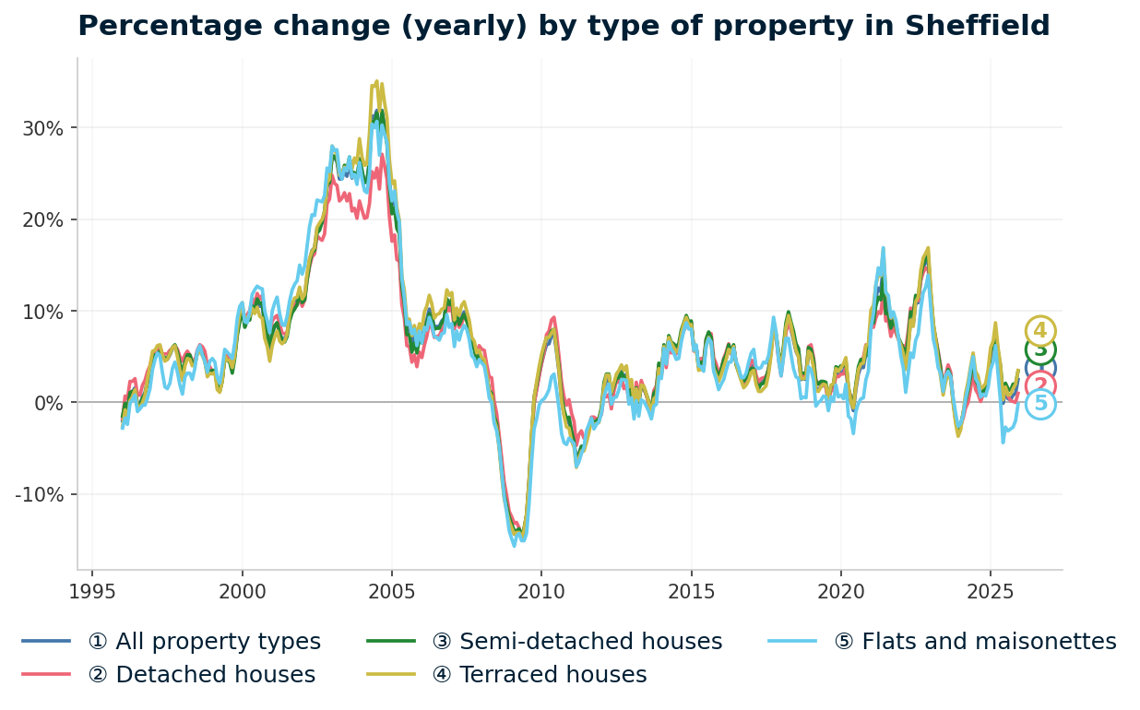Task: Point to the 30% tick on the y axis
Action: [x=43, y=128]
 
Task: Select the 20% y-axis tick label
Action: [x=43, y=219]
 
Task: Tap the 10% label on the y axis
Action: [x=43, y=312]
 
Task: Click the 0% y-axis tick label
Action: [x=49, y=403]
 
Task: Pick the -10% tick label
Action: [x=40, y=495]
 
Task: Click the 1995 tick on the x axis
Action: [x=92, y=591]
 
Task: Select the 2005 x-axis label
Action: [x=391, y=591]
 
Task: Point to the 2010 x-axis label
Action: [x=540, y=591]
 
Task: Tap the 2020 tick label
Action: [x=839, y=591]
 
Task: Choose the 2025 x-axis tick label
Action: [x=989, y=591]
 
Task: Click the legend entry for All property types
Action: [x=204, y=642]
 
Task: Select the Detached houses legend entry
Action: [x=201, y=675]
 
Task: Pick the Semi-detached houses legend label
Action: [x=590, y=642]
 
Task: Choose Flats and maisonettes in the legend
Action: [x=989, y=642]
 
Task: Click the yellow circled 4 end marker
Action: [x=1040, y=331]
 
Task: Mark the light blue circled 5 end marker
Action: [x=1040, y=404]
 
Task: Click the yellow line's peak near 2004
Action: [x=376, y=81]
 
